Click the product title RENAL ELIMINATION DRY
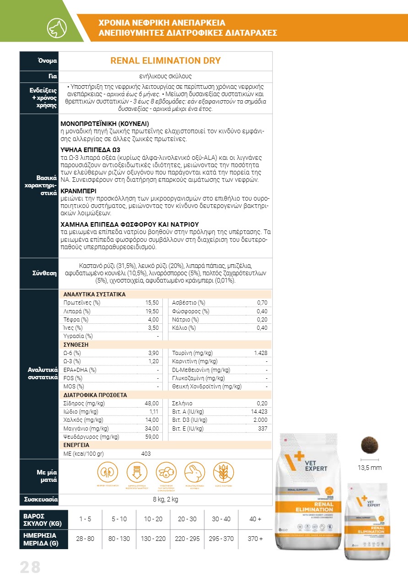(166, 60)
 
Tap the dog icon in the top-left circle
(57, 28)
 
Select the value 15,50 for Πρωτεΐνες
(152, 303)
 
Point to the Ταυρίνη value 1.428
(260, 353)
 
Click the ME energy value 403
(146, 453)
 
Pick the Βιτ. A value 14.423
(259, 412)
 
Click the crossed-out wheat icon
(224, 472)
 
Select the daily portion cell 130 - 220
(155, 539)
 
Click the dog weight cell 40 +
(255, 519)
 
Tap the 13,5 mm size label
(369, 468)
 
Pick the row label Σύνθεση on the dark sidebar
(44, 273)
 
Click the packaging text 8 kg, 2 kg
(166, 499)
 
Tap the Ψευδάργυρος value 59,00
(152, 436)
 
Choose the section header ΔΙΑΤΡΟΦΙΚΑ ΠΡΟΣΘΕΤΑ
(95, 395)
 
